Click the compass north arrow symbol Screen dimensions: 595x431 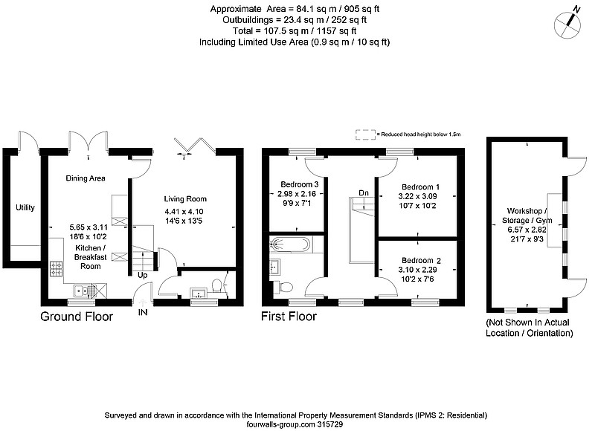567,24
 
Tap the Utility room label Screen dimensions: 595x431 25,207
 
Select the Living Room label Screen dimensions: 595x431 185,198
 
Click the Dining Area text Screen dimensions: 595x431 86,178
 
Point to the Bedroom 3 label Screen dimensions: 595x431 300,184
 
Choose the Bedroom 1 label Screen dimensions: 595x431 420,187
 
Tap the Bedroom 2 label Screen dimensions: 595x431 421,260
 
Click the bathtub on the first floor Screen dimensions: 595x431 290,244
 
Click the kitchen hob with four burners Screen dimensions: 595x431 57,268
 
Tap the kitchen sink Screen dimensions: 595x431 81,291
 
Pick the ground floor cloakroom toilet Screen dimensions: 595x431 218,286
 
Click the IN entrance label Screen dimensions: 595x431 143,312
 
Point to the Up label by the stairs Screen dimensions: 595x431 142,275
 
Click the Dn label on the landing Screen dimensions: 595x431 364,193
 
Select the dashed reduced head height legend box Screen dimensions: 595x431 365,135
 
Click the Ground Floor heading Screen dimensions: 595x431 77,317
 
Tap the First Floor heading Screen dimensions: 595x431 289,316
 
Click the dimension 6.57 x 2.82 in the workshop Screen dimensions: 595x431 527,230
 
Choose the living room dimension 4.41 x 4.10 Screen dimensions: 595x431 184,212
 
